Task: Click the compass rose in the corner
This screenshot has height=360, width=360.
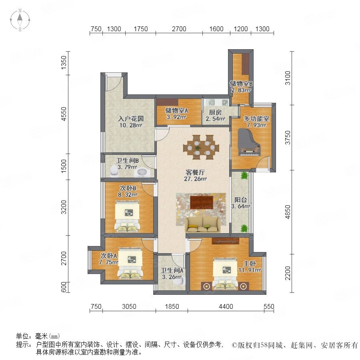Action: (x=20, y=20)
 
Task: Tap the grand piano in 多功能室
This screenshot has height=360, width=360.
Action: (x=249, y=142)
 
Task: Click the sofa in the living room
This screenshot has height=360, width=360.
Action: (x=202, y=224)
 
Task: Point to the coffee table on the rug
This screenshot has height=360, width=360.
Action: (x=201, y=202)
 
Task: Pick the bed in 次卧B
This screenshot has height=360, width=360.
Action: (x=127, y=216)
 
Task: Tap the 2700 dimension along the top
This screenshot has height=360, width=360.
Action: (x=179, y=29)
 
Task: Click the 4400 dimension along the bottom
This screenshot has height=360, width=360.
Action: (x=226, y=306)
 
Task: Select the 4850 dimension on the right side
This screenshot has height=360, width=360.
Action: (x=288, y=212)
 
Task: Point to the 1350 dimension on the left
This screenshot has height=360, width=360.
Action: (x=64, y=63)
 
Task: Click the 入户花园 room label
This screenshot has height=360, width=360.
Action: (x=131, y=119)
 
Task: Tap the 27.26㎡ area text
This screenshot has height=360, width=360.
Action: (x=195, y=179)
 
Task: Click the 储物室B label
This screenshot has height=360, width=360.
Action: (x=241, y=84)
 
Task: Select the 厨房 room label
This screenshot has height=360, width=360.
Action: (x=215, y=112)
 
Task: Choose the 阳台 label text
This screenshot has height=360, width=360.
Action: (x=240, y=200)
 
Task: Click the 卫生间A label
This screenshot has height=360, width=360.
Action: (x=172, y=271)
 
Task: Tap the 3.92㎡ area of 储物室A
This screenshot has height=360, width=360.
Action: (x=176, y=117)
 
